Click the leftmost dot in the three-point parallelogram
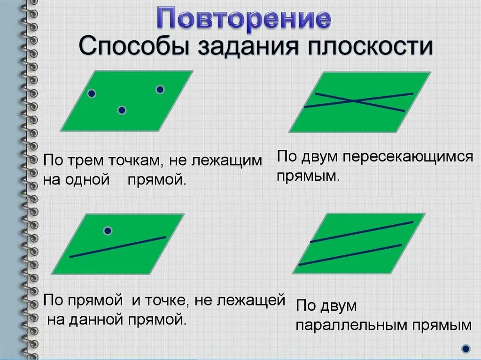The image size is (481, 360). (92, 94)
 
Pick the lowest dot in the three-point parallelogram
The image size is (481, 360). (122, 110)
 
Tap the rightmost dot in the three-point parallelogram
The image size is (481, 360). (160, 89)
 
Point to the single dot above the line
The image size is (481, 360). (108, 230)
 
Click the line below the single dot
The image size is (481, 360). (117, 247)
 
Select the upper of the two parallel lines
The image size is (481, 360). (362, 232)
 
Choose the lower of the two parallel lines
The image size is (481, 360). (350, 255)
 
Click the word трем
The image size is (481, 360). (87, 161)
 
